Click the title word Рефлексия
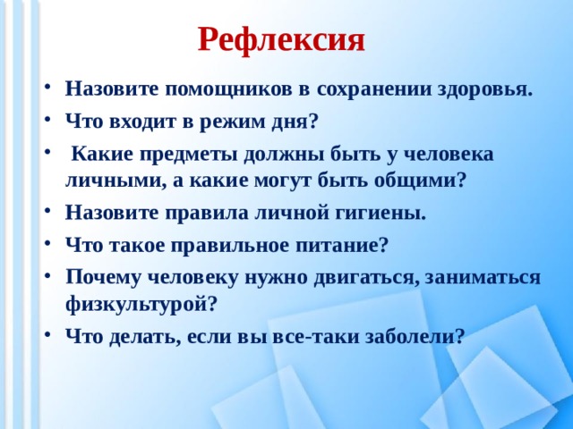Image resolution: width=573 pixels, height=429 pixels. (x=281, y=38)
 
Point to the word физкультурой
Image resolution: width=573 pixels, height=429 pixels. (x=141, y=302)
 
